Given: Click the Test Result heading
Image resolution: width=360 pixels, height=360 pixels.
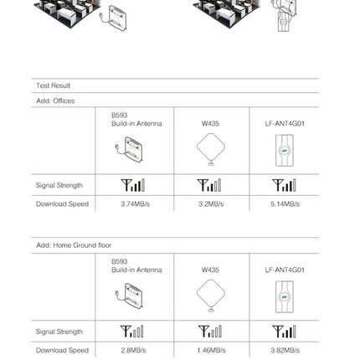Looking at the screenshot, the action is [54, 85].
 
